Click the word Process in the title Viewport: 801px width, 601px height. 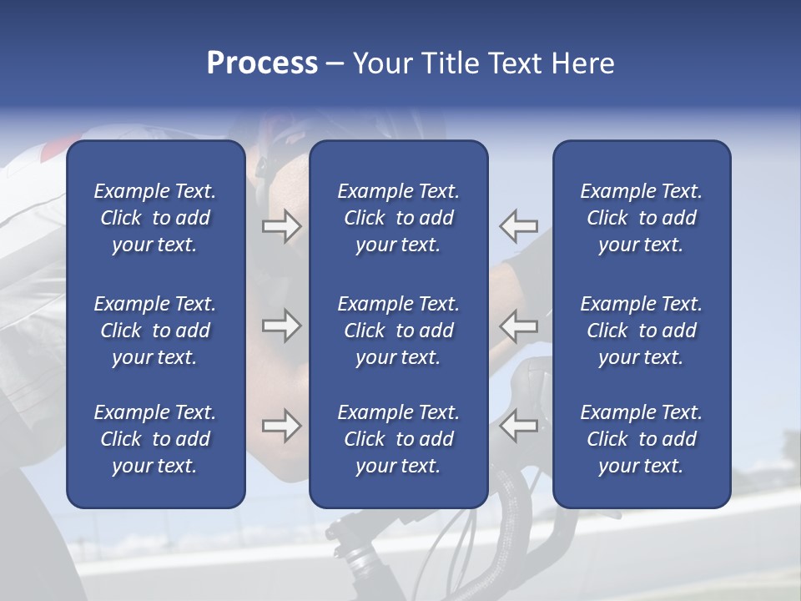pos(262,63)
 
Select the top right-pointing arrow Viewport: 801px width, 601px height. pos(281,226)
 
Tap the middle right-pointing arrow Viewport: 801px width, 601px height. pos(281,326)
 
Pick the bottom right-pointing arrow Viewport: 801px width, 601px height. pos(281,426)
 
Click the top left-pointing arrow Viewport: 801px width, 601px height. pos(519,226)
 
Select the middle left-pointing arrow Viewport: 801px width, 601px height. pos(519,326)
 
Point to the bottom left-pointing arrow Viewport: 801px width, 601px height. pos(519,426)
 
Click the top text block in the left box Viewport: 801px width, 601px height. pos(155,218)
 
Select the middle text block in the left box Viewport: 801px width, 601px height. pos(155,331)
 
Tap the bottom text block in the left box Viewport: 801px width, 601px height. pos(155,439)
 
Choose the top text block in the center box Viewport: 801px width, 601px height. pos(398,218)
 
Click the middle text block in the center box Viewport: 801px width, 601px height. pos(398,331)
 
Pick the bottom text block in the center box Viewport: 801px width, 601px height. pos(398,439)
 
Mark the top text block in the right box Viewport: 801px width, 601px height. pos(641,218)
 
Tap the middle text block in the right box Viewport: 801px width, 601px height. pos(641,331)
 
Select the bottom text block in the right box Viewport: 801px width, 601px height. pos(641,439)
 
